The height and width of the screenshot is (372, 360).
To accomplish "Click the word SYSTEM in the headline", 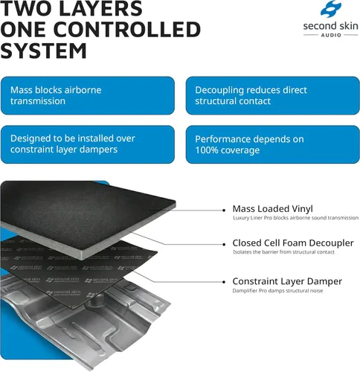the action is [x=43, y=51].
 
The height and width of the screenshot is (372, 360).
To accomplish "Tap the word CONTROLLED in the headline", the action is [x=127, y=30].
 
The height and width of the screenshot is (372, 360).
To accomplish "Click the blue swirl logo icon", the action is [x=331, y=9].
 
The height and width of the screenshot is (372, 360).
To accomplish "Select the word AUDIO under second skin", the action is [x=331, y=35].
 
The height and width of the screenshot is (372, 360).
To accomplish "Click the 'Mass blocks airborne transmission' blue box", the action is [x=88, y=95].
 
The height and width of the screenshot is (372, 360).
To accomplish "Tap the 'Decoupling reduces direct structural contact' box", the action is [x=272, y=95].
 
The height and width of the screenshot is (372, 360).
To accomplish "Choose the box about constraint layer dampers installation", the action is [x=88, y=144].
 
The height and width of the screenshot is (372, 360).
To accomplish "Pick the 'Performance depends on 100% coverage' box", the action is [x=272, y=144].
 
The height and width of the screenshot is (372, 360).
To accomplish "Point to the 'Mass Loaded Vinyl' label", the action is [x=272, y=209].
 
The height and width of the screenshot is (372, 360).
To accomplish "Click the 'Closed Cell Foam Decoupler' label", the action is [x=293, y=243].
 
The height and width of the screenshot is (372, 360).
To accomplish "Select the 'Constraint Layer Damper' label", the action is [x=287, y=281].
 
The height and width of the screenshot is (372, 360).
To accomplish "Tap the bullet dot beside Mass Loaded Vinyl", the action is [x=224, y=211].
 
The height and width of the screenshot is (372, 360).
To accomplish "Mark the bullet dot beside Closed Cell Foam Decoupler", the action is [x=224, y=245].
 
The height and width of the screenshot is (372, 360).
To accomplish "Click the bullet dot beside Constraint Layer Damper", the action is [x=224, y=282].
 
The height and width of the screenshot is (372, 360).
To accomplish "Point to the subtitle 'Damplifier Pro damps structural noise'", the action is [x=277, y=291].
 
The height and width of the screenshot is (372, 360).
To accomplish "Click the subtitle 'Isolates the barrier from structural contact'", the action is [x=283, y=252].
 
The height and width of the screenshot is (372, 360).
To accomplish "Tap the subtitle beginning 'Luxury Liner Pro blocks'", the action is [x=295, y=218].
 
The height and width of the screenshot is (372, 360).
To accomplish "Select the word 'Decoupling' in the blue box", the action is [x=220, y=90].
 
